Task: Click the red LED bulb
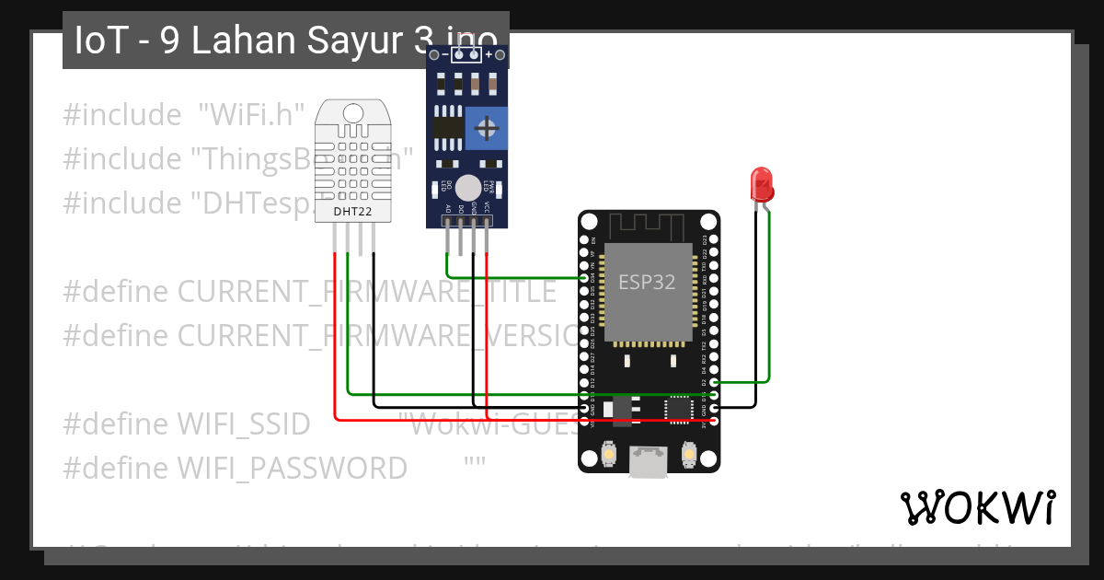coord(762,184)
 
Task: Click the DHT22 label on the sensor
coord(353,211)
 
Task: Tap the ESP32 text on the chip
coord(646,282)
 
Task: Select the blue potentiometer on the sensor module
coord(486,128)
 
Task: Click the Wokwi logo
coord(977,507)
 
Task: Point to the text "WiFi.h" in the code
coord(252,115)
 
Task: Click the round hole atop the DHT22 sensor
coord(353,112)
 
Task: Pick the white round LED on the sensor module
coord(468,186)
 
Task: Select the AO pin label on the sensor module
coord(448,210)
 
